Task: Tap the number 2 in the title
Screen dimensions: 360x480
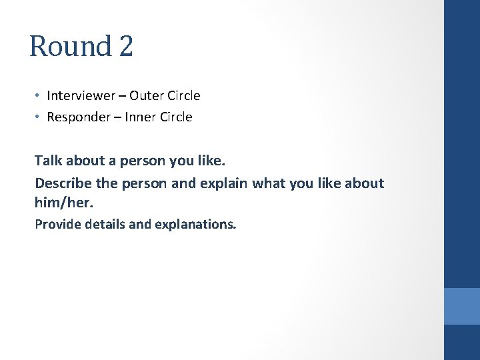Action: tap(125, 47)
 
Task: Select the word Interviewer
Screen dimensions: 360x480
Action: tap(81, 95)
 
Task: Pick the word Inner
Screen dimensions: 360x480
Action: tap(141, 117)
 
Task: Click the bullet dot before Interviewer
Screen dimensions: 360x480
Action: tap(38, 96)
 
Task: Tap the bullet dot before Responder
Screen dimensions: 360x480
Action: tap(38, 117)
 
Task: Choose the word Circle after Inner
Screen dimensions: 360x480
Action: tap(175, 117)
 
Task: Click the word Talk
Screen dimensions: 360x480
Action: tap(48, 161)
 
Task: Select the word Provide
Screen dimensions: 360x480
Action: tap(56, 224)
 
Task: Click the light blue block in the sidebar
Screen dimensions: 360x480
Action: tap(462, 306)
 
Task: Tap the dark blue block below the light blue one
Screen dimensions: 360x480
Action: tap(462, 342)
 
